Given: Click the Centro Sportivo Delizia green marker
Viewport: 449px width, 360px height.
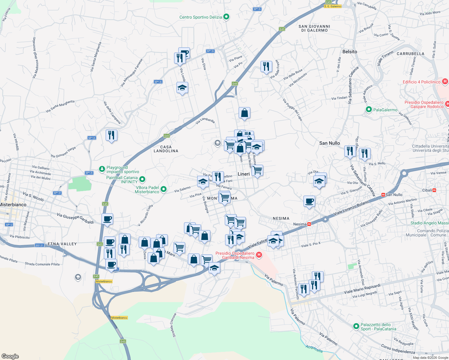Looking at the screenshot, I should tap(226, 17).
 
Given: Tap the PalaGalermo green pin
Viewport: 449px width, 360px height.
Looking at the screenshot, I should tap(369, 110).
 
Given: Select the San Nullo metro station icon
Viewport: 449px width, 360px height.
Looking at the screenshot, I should tap(383, 195).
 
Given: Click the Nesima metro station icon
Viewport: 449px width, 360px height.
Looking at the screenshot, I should tap(309, 224).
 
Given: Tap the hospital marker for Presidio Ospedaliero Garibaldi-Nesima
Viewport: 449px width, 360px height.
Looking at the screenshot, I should tap(259, 255).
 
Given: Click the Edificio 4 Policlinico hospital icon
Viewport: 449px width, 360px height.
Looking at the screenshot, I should tap(445, 81).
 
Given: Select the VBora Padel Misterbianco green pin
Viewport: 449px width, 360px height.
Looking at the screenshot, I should tap(164, 189).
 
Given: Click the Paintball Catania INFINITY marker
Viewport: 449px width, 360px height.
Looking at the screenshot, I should tap(142, 179).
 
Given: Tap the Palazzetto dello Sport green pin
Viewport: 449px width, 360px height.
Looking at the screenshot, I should tap(356, 326).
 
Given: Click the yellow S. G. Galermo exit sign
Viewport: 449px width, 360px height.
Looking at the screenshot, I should tap(333, 6).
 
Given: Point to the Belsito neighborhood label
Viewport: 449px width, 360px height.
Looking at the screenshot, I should tap(350, 52).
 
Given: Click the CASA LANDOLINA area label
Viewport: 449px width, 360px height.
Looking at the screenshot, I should tap(166, 149).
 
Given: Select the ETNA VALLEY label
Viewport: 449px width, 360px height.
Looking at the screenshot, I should tap(62, 244).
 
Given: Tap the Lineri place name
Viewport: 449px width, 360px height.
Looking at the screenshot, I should tap(243, 174).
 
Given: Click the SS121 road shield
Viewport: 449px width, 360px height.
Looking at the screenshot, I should tap(40, 245).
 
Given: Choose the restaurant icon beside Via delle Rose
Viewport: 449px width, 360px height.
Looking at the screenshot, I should tap(266, 67).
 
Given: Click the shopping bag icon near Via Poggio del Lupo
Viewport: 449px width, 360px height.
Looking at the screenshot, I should tap(244, 113).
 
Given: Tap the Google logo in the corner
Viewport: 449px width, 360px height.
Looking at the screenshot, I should tap(10, 356).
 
